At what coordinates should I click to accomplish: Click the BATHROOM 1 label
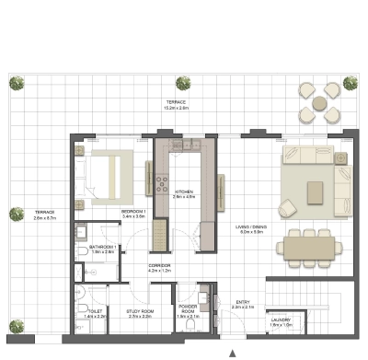point(101,248)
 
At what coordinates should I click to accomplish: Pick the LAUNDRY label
point(282,319)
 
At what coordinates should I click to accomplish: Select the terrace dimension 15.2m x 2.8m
point(177,108)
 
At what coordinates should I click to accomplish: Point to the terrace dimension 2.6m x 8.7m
point(45,218)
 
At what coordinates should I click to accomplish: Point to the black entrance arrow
point(233,353)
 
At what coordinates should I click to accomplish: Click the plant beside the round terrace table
point(350,83)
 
